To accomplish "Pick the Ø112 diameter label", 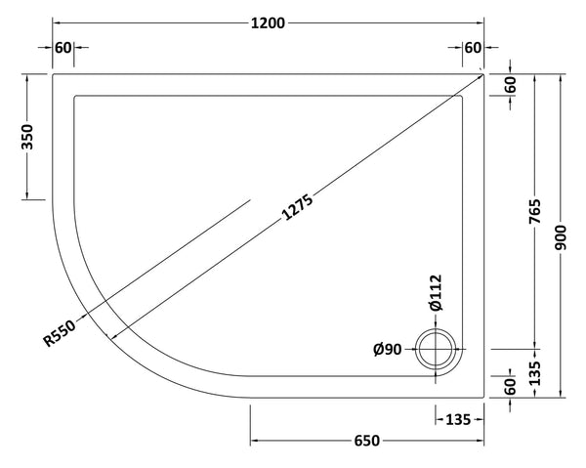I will click(x=435, y=293).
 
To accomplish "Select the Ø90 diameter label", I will click(x=387, y=350).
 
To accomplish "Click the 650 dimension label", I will click(x=366, y=442).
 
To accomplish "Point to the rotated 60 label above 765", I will click(x=510, y=84).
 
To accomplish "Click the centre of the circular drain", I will click(x=435, y=349).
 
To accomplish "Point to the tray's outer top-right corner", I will click(x=485, y=71).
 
